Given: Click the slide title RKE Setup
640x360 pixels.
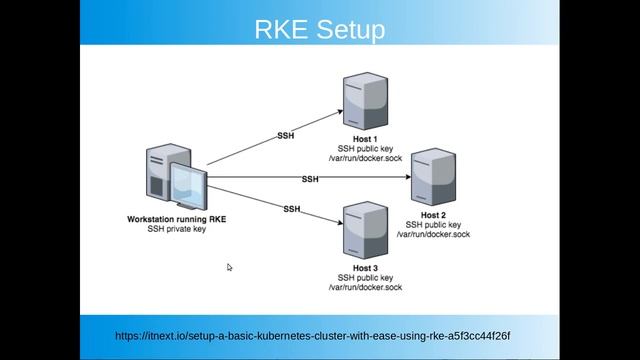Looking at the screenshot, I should click(x=320, y=30).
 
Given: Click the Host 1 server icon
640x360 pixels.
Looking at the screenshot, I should click(x=365, y=101).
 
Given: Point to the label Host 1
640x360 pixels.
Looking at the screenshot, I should click(x=365, y=139).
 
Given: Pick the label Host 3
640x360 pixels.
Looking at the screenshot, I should click(x=365, y=268).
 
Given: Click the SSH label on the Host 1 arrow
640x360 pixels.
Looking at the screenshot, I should click(x=285, y=134).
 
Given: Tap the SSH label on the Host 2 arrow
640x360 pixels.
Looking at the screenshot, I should click(x=310, y=179).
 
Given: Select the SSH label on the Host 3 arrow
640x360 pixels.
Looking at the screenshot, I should click(x=292, y=209).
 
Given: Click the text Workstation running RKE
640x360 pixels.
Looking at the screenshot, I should click(x=176, y=219).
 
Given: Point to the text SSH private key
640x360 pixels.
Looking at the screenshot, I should click(x=176, y=229).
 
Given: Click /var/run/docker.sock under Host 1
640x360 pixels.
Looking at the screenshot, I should click(x=365, y=158).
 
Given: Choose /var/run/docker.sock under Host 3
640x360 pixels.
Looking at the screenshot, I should click(x=365, y=287).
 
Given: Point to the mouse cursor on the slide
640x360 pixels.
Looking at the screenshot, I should click(x=229, y=267).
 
